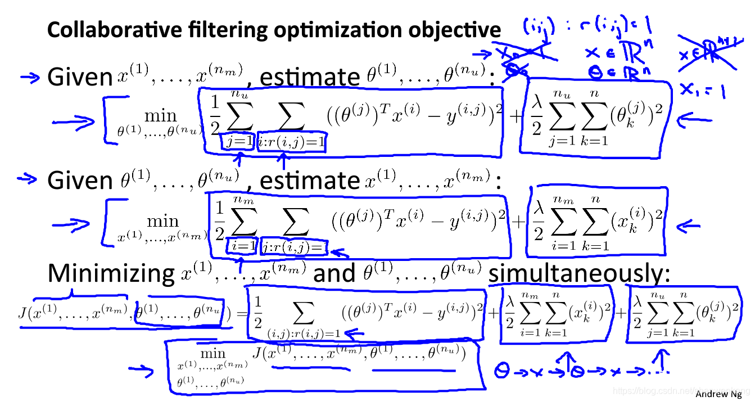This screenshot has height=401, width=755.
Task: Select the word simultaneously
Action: point(580,273)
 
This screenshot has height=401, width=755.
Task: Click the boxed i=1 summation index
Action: point(242,245)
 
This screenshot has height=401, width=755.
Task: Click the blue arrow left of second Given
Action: point(28,179)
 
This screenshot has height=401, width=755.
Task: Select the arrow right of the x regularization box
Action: point(687,227)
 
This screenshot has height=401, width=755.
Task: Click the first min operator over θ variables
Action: point(161,116)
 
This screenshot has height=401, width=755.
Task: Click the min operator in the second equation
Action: point(162,221)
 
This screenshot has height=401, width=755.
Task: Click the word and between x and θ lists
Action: point(334,273)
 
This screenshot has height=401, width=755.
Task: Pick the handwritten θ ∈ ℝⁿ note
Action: point(604,71)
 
